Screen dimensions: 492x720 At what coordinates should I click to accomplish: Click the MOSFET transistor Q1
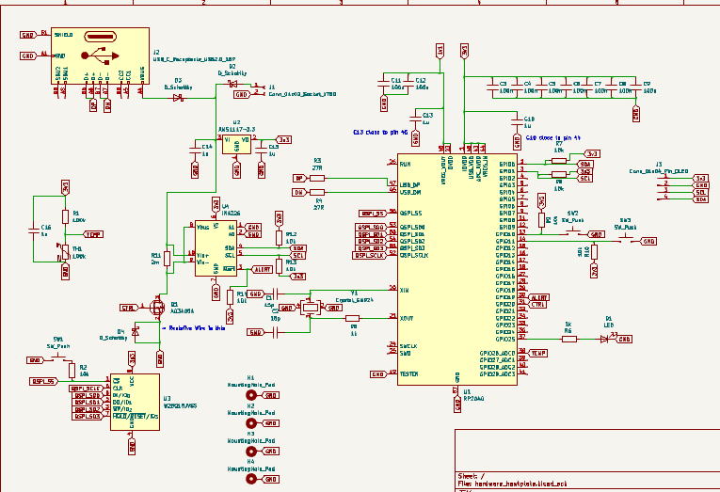pyautogui.click(x=157, y=307)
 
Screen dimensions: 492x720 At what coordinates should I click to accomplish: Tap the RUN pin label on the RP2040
pyautogui.click(x=406, y=164)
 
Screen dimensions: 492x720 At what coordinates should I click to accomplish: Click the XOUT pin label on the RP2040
pyautogui.click(x=408, y=318)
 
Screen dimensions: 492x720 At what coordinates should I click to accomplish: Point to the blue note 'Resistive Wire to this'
pyautogui.click(x=198, y=327)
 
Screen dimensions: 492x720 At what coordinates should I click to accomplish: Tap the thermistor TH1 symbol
pyautogui.click(x=65, y=252)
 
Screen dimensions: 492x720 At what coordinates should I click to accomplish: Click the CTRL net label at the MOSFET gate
pyautogui.click(x=126, y=308)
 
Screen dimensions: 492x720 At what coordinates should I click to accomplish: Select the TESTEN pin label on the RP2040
pyautogui.click(x=409, y=373)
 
